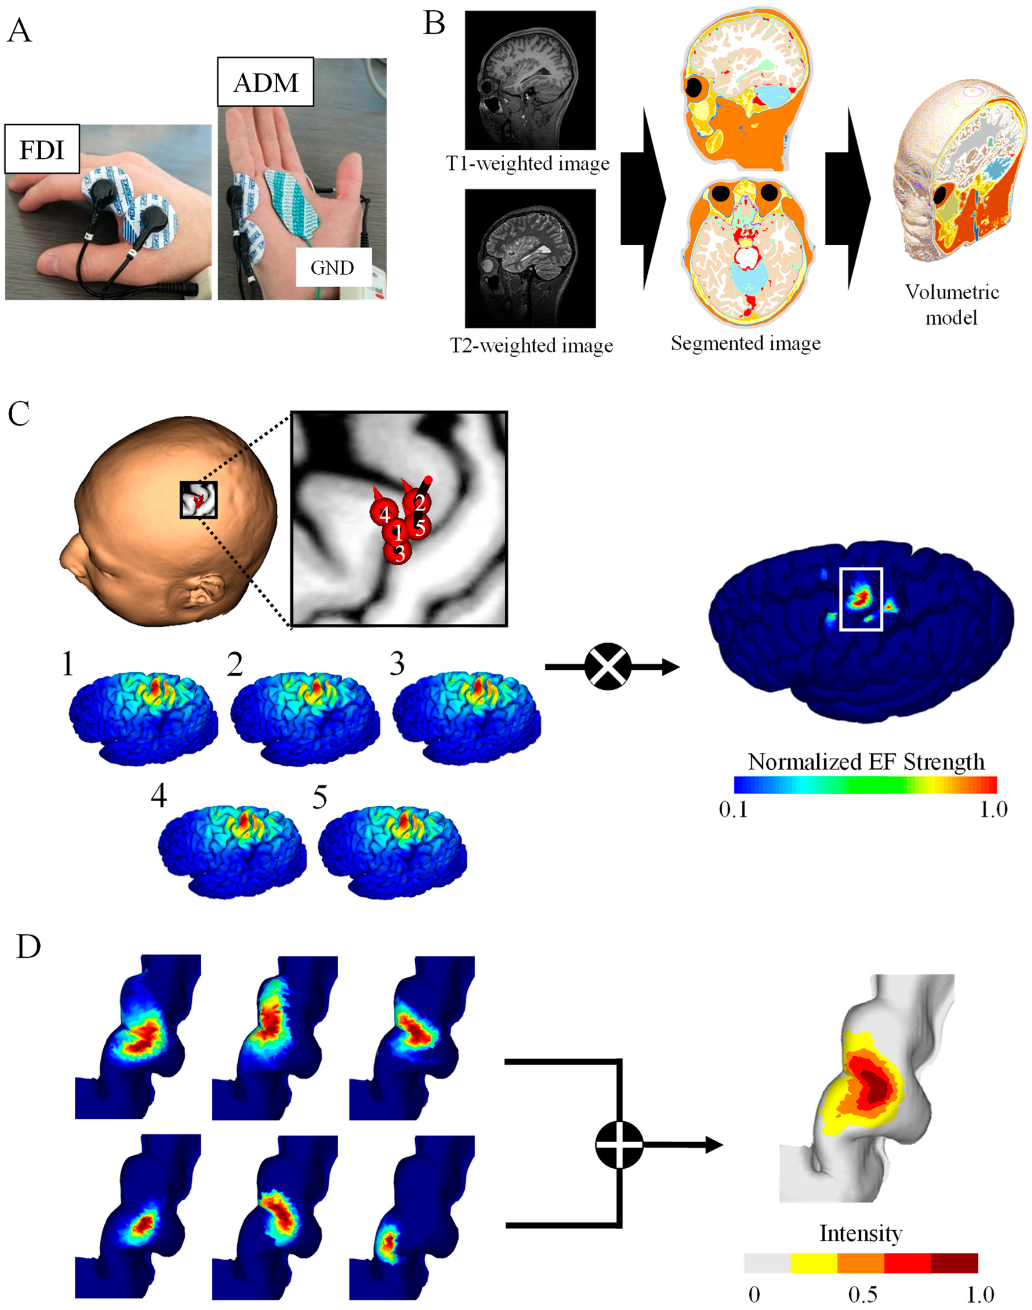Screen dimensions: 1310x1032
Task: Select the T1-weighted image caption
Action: pyautogui.click(x=527, y=164)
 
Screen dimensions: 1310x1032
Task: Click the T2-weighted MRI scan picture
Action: pyautogui.click(x=530, y=258)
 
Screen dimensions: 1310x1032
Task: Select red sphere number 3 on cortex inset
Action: pyautogui.click(x=398, y=553)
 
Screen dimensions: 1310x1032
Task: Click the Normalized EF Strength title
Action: pyautogui.click(x=866, y=762)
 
